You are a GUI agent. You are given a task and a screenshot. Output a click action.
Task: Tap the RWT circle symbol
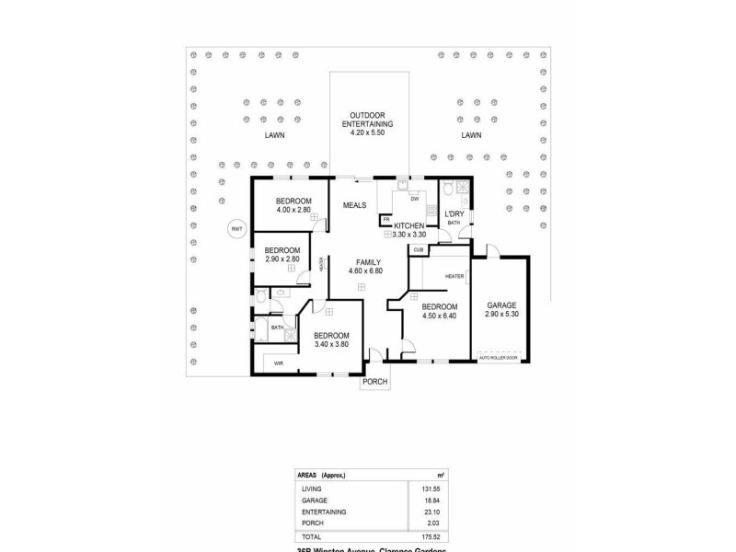point(236,229)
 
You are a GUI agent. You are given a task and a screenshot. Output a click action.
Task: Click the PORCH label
point(374,382)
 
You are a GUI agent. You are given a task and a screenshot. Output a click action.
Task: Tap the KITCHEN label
point(408,225)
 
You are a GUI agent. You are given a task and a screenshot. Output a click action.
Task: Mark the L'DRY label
point(454,213)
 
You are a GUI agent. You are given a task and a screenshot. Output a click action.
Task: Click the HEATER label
point(454,276)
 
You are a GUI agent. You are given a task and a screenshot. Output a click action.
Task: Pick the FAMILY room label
point(364,262)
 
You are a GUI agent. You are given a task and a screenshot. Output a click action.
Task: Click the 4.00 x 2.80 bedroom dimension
point(294,210)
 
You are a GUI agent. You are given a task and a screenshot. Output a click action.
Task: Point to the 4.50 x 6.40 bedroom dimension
point(439,316)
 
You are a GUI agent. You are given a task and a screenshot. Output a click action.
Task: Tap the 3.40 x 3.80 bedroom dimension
point(330,344)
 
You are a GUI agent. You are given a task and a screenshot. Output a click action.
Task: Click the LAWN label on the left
point(273,135)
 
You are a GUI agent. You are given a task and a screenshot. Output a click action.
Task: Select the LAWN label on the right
point(472,135)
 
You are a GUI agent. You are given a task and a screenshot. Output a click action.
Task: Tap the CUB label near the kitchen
point(418,249)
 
